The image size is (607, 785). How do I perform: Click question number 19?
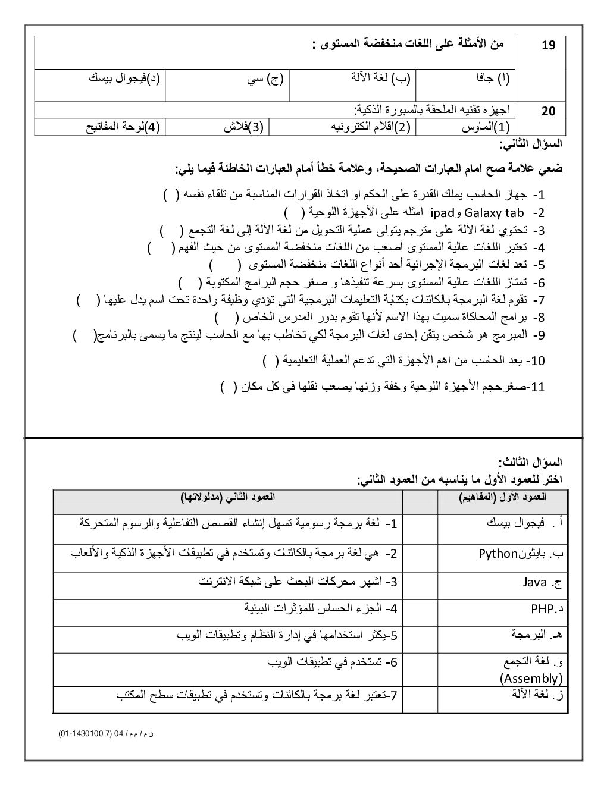point(548,45)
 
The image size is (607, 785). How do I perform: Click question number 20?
point(549,111)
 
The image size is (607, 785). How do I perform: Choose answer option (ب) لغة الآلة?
point(381,78)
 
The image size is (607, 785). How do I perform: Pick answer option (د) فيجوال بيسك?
point(124,78)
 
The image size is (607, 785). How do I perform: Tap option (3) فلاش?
point(243,127)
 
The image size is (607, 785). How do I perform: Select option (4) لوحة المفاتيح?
point(124,127)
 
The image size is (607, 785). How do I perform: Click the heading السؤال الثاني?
point(531,145)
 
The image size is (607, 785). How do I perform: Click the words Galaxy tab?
point(493,212)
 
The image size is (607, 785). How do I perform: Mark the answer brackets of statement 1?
point(172,195)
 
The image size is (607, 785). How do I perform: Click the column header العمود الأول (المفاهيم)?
point(503,497)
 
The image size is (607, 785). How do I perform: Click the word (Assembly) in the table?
point(531,678)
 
